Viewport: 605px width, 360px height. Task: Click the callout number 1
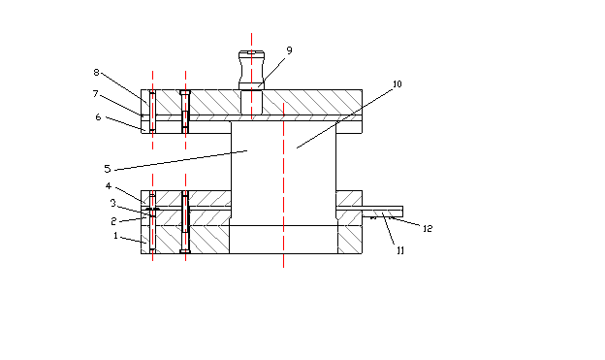tap(115, 235)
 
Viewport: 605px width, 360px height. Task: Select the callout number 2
tap(113, 221)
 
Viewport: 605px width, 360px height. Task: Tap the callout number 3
tap(113, 203)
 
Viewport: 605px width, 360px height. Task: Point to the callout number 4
tap(109, 186)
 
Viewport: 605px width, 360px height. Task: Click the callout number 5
tap(108, 169)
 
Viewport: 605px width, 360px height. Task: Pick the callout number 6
tap(98, 117)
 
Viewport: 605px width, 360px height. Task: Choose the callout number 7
tap(95, 94)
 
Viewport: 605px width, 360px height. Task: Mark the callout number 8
tap(96, 72)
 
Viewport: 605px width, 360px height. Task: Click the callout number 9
tap(289, 50)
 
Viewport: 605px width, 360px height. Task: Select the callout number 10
tap(398, 83)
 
